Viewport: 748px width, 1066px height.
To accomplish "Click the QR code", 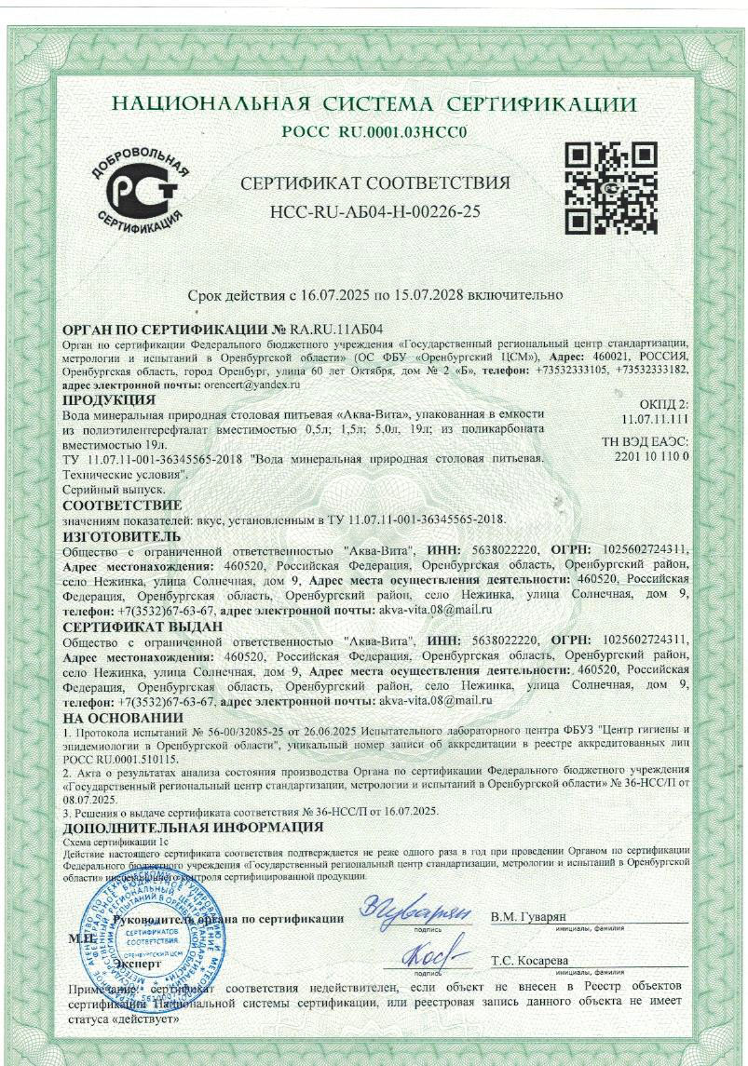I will tap(612, 188).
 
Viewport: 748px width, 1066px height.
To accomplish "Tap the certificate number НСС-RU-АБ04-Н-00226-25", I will tap(374, 211).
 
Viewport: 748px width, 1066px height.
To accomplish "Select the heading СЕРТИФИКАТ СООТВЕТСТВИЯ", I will tap(374, 182).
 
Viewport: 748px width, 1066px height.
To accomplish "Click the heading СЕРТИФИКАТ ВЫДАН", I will tap(142, 627).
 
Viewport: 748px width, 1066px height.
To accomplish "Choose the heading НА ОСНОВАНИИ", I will tap(122, 718).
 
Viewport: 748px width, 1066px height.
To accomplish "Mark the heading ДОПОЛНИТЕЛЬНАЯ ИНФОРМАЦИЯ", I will tap(192, 827).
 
